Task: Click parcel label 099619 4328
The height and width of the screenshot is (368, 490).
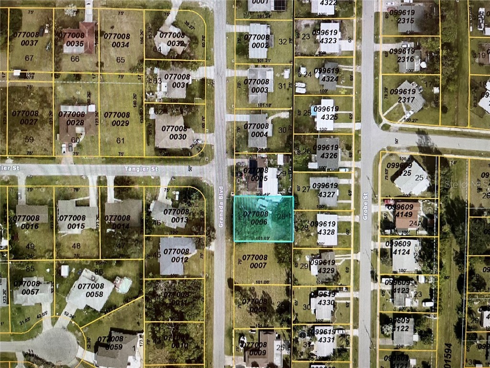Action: pos(325,228)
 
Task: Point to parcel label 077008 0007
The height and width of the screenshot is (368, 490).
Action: pos(255,262)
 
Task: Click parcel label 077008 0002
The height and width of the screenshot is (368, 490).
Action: pos(256,40)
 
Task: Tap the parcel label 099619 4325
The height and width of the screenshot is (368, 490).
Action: pos(325,113)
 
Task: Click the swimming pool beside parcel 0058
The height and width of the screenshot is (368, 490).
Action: pos(122,285)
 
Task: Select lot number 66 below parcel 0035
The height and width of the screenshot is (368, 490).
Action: pos(75,59)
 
